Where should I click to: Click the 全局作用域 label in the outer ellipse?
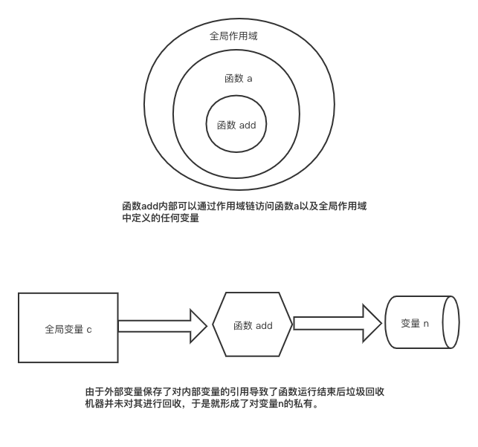pos(233,36)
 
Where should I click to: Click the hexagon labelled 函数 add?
pos(253,325)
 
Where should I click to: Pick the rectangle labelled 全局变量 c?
pos(68,327)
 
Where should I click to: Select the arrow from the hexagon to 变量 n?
pos(338,323)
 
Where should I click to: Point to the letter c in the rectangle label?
pos(89,328)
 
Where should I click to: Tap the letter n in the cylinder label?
pos(427,323)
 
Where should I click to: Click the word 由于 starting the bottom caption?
pos(92,391)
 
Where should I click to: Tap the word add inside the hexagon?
pos(264,326)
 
